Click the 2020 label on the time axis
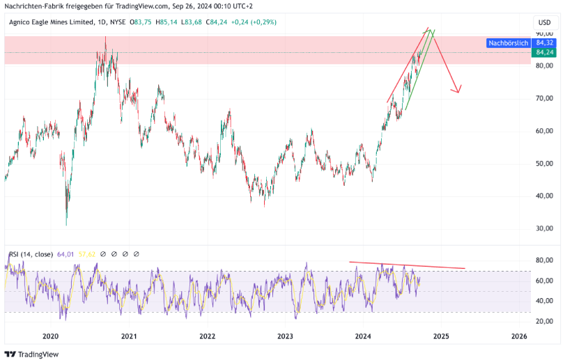[49, 336]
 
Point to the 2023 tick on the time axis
[284, 336]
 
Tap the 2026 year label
[518, 336]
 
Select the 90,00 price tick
[544, 33]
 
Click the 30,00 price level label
[544, 228]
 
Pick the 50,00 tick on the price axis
[544, 164]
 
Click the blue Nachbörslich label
[508, 43]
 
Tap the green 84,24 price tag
[544, 52]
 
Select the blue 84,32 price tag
[544, 43]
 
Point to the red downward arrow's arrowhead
[457, 91]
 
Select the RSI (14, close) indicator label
[31, 254]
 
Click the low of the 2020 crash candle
[66, 225]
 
